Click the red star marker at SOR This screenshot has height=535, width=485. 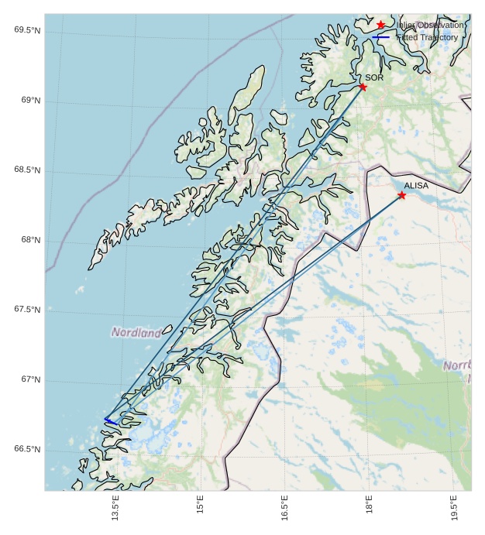click(x=363, y=87)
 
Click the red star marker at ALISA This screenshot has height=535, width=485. click(x=401, y=195)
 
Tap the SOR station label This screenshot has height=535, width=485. click(x=374, y=77)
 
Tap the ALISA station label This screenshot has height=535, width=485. click(x=416, y=186)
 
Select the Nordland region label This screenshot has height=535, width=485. click(x=136, y=332)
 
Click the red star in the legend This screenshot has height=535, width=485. click(x=380, y=25)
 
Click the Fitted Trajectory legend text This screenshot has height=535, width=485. click(x=427, y=37)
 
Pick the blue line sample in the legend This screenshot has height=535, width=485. click(x=380, y=37)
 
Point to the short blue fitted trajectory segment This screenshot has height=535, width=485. click(x=111, y=421)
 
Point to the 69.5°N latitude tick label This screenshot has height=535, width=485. click(x=27, y=30)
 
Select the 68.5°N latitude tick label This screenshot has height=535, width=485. click(x=27, y=170)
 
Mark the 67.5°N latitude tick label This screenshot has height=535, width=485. click(x=27, y=310)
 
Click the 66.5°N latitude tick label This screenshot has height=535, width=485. click(x=27, y=449)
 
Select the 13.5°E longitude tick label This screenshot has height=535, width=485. click(x=115, y=509)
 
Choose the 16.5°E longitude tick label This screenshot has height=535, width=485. click(x=284, y=509)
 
